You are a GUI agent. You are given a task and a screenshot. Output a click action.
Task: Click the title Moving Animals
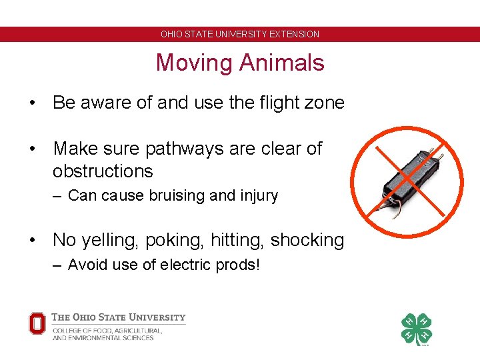[x=240, y=63]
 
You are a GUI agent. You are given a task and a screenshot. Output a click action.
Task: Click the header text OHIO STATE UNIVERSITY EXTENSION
[x=240, y=34]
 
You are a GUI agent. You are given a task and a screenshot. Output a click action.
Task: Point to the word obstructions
[x=103, y=171]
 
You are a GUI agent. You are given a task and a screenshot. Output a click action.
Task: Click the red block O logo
[x=37, y=323]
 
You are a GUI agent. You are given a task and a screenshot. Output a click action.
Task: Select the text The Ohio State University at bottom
[x=119, y=317]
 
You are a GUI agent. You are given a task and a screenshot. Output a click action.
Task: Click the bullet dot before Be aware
[x=32, y=103]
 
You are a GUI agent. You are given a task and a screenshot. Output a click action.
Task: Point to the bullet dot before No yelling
[x=32, y=241]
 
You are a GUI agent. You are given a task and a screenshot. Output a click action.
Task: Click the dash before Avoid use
[x=57, y=265]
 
